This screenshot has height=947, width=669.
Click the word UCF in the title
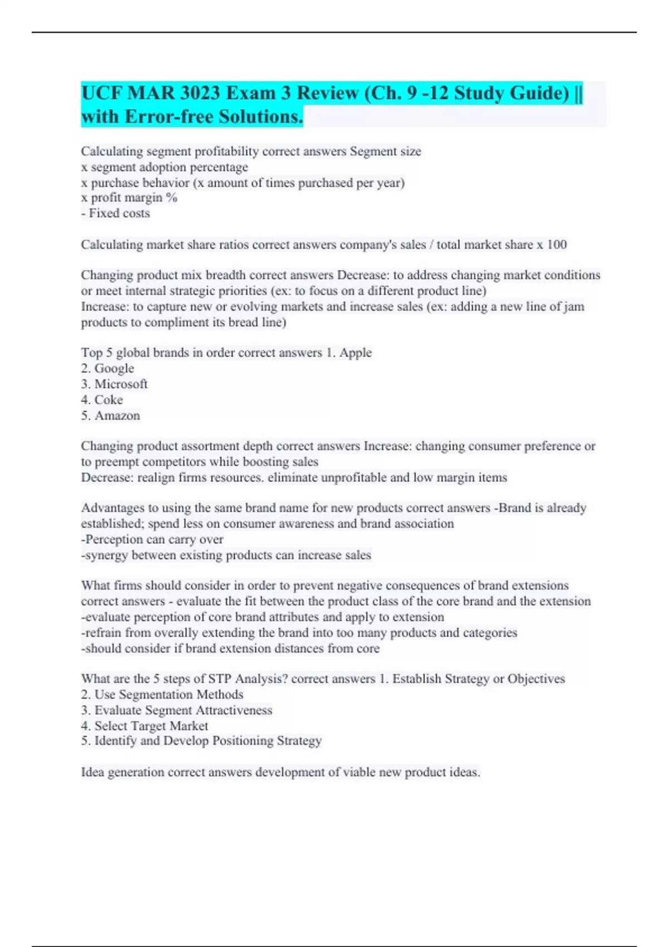(x=101, y=93)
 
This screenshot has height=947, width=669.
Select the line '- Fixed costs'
(x=115, y=213)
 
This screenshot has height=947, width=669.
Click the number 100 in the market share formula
(x=556, y=245)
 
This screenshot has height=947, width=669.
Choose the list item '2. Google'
(x=108, y=368)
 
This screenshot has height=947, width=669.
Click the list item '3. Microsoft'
(x=114, y=384)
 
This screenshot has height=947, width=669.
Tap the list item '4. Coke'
(x=102, y=400)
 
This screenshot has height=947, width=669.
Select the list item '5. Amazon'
(x=110, y=416)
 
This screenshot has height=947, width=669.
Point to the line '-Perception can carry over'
(x=152, y=539)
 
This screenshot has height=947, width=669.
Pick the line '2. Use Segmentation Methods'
(x=162, y=695)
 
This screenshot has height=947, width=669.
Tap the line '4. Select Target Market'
(x=144, y=726)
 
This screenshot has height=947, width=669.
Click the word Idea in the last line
(x=92, y=772)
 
